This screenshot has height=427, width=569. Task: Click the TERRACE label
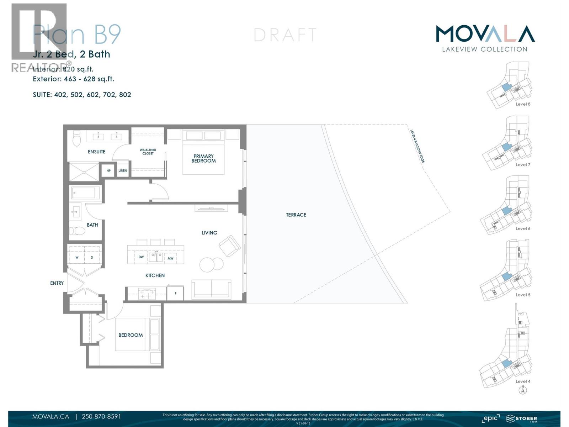(296, 215)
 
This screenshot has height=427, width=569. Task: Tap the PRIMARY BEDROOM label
(203, 158)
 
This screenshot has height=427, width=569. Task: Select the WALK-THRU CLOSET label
(148, 152)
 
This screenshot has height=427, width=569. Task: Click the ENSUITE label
(96, 152)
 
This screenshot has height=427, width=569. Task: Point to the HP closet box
(108, 171)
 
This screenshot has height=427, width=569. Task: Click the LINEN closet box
(123, 171)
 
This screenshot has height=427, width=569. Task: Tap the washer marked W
(77, 257)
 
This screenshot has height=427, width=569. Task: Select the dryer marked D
(92, 257)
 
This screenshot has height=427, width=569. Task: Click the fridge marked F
(176, 294)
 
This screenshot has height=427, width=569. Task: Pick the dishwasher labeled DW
(141, 257)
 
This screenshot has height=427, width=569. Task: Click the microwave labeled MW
(170, 258)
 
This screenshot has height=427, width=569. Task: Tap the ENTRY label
(57, 283)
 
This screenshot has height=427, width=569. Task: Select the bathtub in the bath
(84, 193)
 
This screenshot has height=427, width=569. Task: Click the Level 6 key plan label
(523, 228)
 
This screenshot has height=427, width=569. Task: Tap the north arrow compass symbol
(523, 390)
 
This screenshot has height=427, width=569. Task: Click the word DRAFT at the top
(285, 35)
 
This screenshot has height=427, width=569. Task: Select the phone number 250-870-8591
(101, 416)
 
